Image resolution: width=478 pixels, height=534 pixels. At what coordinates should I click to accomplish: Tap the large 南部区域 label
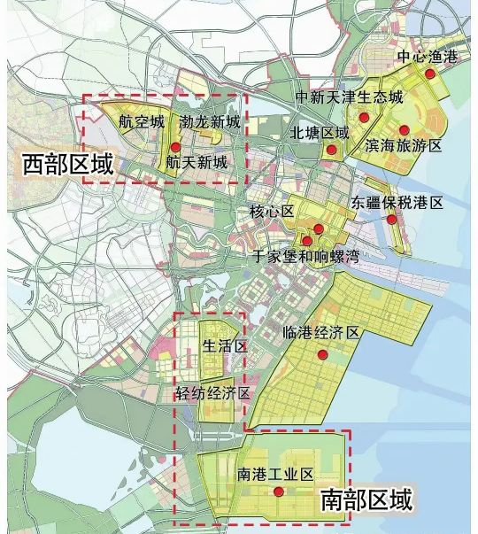[x=366, y=501]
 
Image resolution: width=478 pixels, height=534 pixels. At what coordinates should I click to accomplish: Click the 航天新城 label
[x=195, y=163]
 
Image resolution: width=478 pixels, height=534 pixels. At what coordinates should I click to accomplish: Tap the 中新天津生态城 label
[x=350, y=96]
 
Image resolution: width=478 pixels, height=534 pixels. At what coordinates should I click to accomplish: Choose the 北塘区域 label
[x=320, y=133]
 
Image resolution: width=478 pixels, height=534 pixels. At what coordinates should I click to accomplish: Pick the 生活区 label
[x=224, y=345]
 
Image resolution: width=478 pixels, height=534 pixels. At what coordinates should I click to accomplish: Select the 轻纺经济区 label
[x=213, y=393]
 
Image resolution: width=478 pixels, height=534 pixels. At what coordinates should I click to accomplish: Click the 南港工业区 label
[x=276, y=476]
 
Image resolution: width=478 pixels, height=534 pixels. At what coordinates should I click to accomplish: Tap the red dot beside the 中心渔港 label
[x=431, y=76]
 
